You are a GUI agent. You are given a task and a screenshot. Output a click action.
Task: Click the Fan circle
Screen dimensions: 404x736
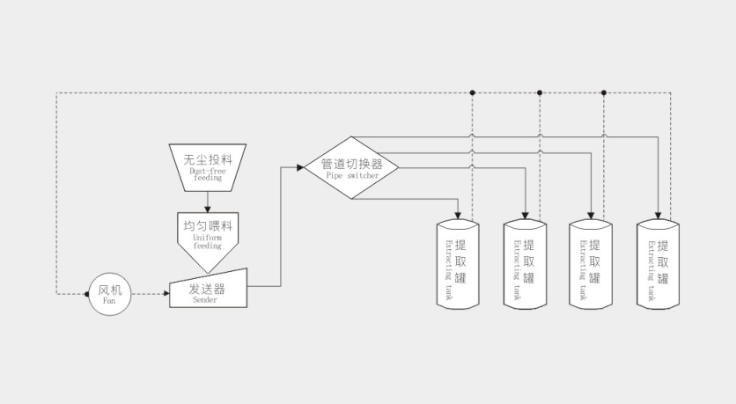tap(109, 293)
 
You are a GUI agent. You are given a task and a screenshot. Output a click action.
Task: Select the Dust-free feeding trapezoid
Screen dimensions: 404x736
tap(208, 167)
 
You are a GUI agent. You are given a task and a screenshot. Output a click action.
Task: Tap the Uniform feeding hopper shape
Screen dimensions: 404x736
tap(207, 238)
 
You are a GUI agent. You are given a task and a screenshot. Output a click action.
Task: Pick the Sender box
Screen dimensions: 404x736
tap(208, 290)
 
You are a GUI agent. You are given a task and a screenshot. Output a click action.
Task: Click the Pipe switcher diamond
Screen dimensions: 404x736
tap(351, 167)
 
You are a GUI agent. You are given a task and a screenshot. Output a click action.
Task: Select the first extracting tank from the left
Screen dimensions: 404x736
tap(459, 264)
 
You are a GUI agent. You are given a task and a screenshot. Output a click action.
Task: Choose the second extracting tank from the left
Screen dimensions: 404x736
tap(526, 264)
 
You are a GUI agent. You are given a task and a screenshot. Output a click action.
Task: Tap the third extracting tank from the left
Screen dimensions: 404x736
tap(592, 264)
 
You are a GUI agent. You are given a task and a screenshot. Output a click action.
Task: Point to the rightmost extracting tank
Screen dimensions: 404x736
tap(659, 264)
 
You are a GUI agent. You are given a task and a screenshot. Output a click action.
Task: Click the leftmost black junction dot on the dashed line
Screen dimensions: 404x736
tap(473, 92)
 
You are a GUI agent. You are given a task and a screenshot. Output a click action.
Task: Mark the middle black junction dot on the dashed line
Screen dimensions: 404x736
tap(539, 92)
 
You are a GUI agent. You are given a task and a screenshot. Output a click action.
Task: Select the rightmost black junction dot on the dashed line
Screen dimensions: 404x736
tap(605, 92)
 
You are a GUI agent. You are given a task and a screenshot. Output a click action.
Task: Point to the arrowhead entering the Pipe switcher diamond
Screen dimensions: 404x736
tap(298, 167)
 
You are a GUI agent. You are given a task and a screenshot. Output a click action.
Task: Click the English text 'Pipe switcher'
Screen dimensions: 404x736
tap(352, 176)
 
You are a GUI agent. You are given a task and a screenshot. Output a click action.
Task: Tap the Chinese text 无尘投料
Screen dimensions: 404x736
tap(208, 160)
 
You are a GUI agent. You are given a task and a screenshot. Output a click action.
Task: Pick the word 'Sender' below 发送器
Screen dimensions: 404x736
tap(205, 299)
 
